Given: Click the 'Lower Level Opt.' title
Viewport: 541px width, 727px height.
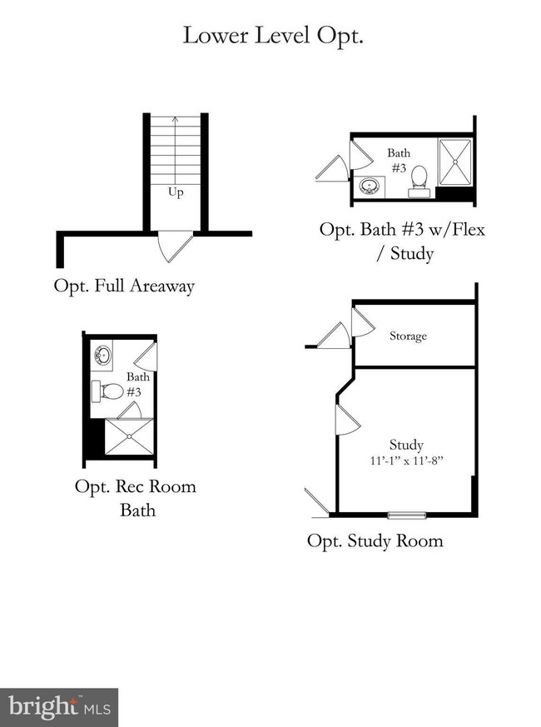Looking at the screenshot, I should tap(272, 36).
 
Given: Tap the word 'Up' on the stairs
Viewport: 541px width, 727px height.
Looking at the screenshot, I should tap(176, 192).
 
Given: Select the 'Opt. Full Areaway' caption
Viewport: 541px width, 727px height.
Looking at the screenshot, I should tap(124, 286).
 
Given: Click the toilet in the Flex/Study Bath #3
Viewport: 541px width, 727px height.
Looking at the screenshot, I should tap(419, 178).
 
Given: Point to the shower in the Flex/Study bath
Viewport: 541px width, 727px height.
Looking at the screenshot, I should tap(454, 162).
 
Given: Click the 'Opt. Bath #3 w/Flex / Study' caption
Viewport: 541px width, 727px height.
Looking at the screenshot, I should tap(401, 241).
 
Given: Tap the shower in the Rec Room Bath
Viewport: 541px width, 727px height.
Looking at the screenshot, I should tap(128, 437).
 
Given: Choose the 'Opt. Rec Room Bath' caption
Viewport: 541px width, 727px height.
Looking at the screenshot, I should tap(136, 497).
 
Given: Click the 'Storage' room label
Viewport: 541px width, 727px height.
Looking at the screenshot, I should tap(408, 336).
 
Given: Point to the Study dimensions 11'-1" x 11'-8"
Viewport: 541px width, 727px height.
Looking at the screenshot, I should tap(407, 459).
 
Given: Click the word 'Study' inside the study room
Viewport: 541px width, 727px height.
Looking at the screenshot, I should tap(406, 445).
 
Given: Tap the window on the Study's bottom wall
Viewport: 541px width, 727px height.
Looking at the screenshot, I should tap(406, 514).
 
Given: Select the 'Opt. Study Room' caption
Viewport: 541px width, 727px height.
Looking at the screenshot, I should tap(375, 540).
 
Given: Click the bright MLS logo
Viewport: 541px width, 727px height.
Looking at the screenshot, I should tap(58, 707).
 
